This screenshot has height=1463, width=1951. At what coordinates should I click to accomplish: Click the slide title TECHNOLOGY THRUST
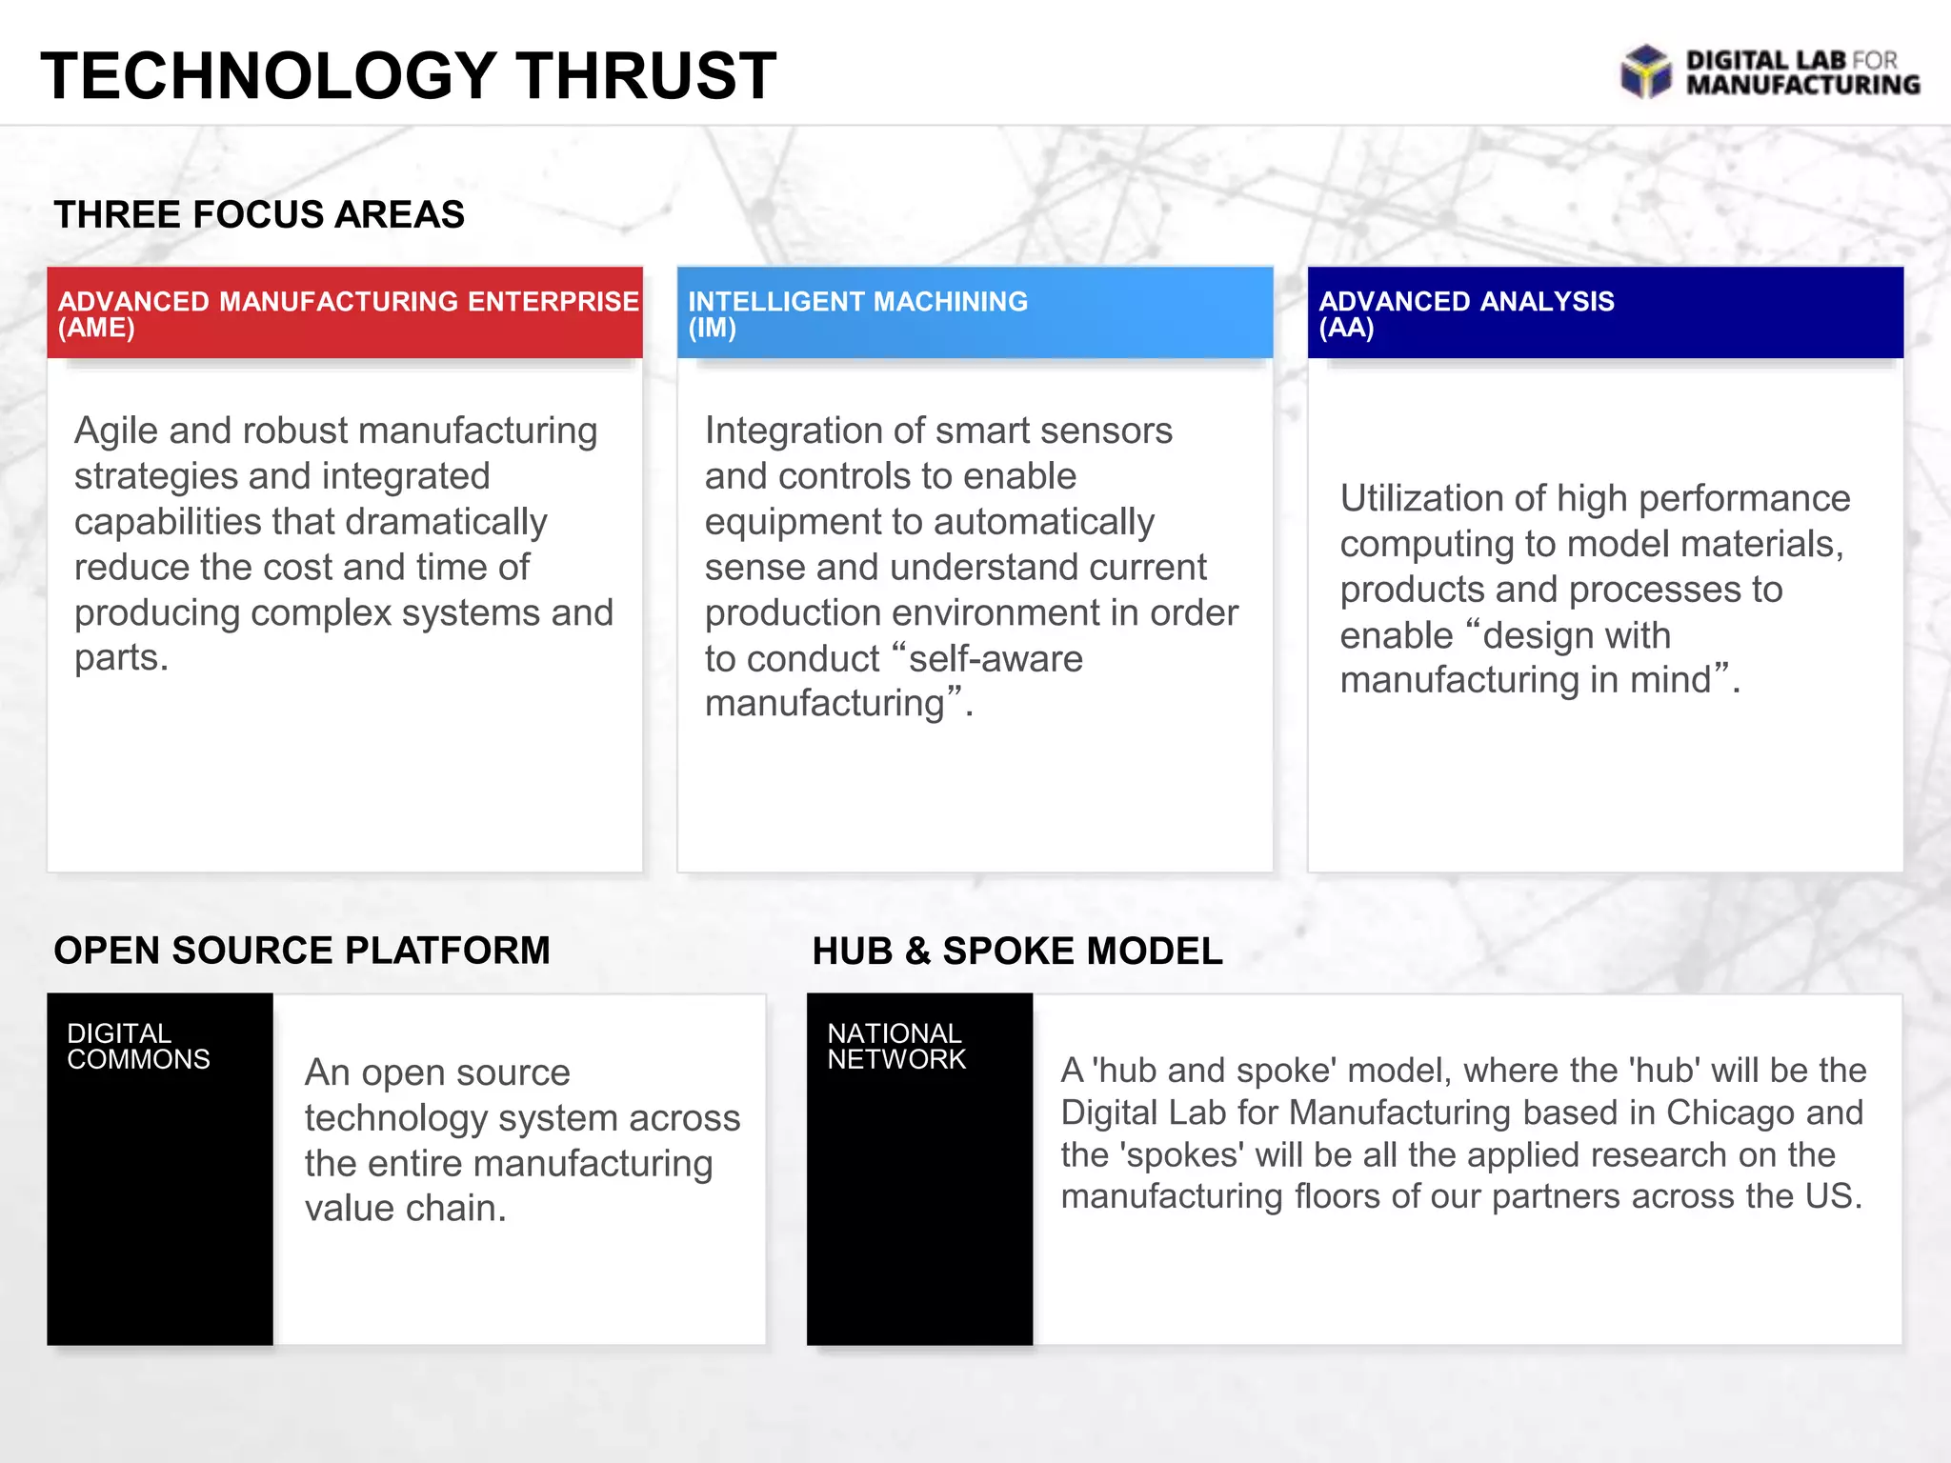pos(408,76)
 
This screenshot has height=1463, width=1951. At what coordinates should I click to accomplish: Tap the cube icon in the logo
pos(1645,72)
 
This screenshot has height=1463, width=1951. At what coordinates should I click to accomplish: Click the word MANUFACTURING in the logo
pos(1802,86)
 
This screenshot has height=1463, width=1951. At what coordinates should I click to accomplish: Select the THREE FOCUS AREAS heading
pos(259,214)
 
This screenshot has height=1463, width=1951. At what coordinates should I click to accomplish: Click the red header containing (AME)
pos(345,313)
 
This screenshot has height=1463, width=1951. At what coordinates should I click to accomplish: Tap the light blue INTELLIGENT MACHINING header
pos(975,313)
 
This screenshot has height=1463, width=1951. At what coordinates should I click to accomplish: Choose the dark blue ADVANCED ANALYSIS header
pos(1605,313)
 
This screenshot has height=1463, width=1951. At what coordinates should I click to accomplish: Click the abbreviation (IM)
pos(712,329)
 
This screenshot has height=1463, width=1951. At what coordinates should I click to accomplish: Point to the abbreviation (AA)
pos(1346,329)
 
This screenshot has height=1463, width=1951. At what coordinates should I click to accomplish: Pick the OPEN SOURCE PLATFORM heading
pos(302,951)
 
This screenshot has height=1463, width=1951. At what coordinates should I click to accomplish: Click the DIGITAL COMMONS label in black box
pos(138,1046)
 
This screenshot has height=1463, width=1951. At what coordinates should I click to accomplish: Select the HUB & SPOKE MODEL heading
pos(1016,951)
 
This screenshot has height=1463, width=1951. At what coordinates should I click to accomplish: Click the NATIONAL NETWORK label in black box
pos(895,1046)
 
